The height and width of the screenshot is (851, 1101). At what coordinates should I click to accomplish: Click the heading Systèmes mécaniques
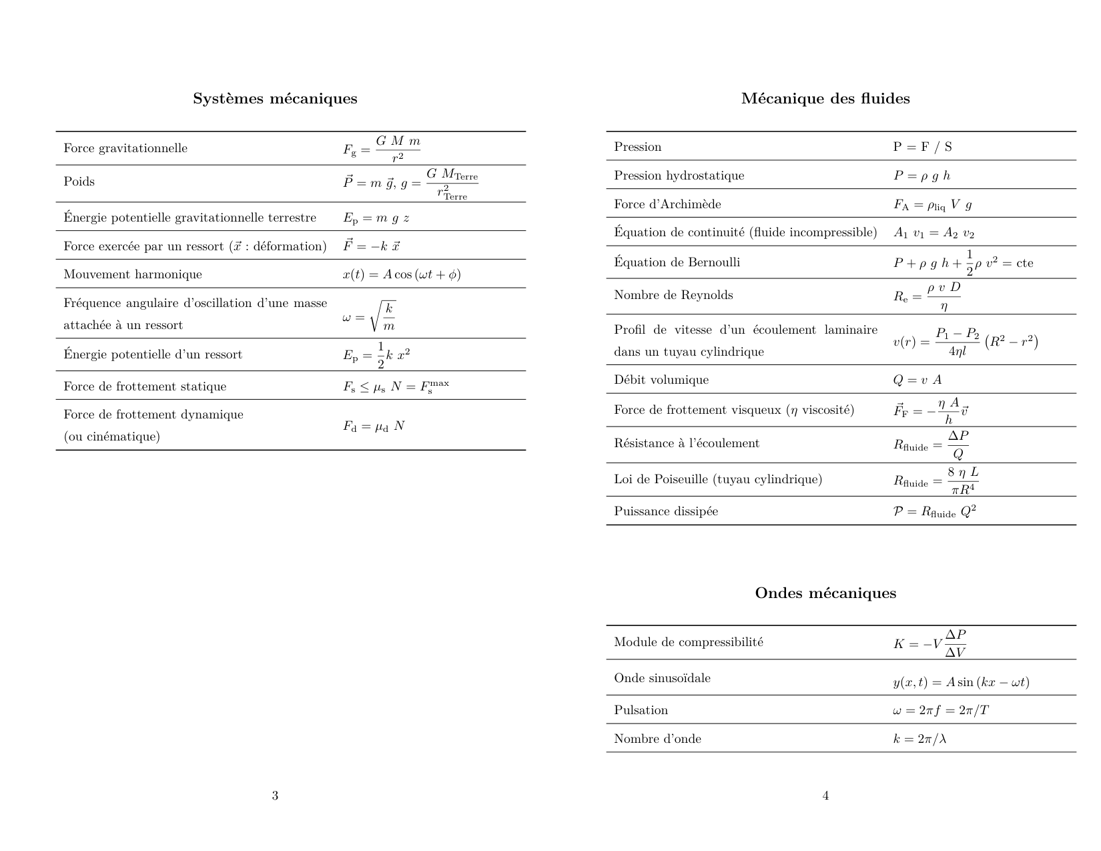pos(275,99)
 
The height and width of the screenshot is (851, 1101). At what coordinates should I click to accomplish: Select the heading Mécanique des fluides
pos(825,99)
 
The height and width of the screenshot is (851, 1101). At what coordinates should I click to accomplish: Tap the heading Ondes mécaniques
pos(825,593)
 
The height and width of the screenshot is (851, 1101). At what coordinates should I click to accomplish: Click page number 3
pos(275,796)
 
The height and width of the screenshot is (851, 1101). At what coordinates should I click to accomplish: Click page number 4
pos(825,796)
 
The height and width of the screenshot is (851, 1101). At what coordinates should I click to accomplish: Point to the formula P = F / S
pos(922,147)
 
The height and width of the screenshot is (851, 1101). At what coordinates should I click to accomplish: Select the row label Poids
pos(79,182)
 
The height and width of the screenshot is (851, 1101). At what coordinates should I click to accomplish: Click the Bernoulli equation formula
pos(963,263)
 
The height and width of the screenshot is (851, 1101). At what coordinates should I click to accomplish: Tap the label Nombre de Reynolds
pos(673,295)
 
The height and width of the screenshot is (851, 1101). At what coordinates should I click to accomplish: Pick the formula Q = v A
pos(917,380)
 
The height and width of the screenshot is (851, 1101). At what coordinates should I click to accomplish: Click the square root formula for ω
pos(369,316)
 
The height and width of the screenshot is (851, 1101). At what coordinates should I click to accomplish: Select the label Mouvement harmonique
pos(132,274)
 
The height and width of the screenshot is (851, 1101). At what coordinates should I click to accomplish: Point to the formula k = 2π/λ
pos(920,739)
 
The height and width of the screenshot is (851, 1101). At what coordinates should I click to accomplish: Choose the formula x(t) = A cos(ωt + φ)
pos(402,274)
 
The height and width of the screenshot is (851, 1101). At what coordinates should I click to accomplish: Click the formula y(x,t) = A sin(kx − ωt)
pos(961,682)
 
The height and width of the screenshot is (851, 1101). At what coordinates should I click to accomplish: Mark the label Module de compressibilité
pos(689,642)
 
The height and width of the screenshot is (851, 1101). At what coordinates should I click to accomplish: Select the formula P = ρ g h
pos(922,176)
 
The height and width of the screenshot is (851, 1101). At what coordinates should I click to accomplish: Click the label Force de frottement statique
pos(145,386)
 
